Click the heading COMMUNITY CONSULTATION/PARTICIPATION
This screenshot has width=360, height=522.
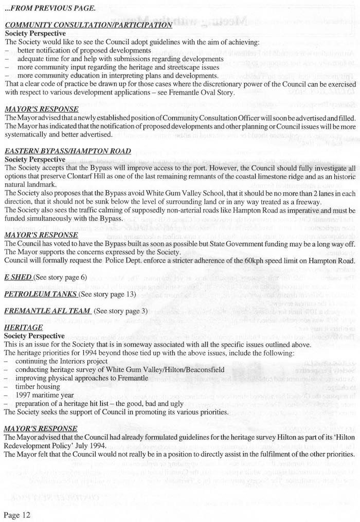(x=88, y=25)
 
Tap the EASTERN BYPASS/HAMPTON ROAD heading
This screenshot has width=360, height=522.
(x=67, y=151)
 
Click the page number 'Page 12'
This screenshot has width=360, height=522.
(x=18, y=514)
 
